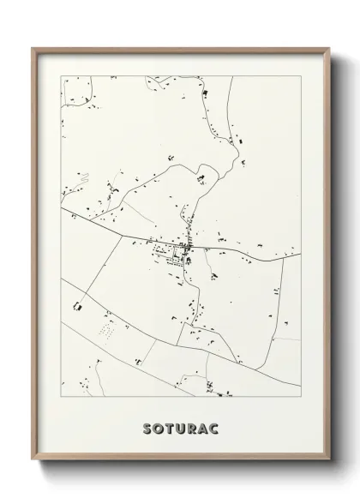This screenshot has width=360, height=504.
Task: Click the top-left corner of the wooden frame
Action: click(33, 48)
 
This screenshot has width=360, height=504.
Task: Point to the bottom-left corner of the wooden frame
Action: click(33, 461)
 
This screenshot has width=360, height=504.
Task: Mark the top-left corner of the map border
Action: click(61, 75)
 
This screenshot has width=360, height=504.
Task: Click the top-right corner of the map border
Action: click(300, 75)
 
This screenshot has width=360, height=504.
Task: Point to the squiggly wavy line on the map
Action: click(83, 179)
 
